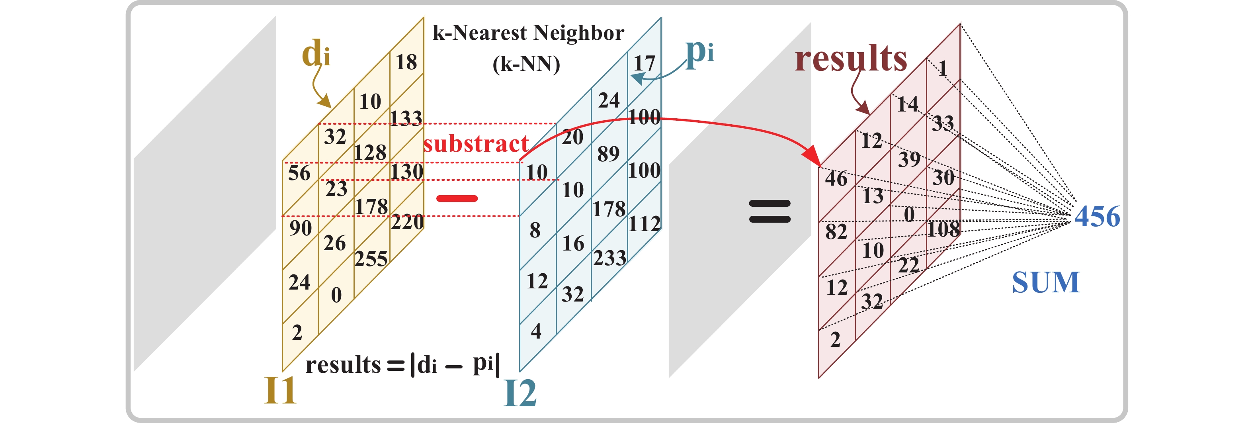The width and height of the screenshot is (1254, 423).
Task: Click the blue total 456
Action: [1097, 216]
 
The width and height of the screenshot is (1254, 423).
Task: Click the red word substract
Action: [476, 144]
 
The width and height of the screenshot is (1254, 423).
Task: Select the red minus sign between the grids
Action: [457, 198]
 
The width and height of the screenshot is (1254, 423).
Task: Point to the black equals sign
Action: [770, 211]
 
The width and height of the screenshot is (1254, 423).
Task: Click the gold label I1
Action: [280, 390]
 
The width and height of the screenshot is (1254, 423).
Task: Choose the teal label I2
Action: [520, 393]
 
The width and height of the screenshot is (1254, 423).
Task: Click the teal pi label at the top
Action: [699, 51]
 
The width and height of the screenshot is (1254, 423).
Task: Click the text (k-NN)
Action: [526, 64]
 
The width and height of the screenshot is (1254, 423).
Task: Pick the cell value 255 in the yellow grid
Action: [371, 259]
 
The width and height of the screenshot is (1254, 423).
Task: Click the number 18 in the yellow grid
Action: [406, 63]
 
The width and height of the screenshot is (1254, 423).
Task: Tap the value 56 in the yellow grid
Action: [299, 173]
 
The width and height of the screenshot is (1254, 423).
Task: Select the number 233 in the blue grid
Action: [609, 258]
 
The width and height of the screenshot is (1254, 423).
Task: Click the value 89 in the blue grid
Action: [609, 154]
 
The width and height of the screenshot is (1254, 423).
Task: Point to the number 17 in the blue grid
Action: [644, 63]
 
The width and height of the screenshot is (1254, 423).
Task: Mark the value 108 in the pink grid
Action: [943, 229]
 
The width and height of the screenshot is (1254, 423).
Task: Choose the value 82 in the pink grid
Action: [836, 232]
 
